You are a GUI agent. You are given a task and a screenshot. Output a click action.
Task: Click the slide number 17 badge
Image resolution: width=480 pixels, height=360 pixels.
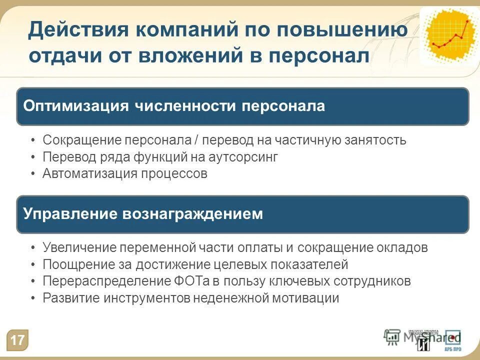(x=17, y=340)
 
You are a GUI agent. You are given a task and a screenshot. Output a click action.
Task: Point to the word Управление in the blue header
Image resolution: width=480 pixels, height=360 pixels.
(x=68, y=214)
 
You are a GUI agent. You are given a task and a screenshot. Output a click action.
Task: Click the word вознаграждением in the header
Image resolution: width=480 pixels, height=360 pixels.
(x=192, y=214)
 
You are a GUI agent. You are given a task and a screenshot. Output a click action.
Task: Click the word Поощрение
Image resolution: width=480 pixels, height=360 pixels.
(x=73, y=264)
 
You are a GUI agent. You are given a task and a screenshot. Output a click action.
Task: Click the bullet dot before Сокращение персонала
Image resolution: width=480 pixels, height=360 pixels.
(x=32, y=140)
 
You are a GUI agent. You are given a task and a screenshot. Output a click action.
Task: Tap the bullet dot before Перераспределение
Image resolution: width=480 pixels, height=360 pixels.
(x=32, y=281)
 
